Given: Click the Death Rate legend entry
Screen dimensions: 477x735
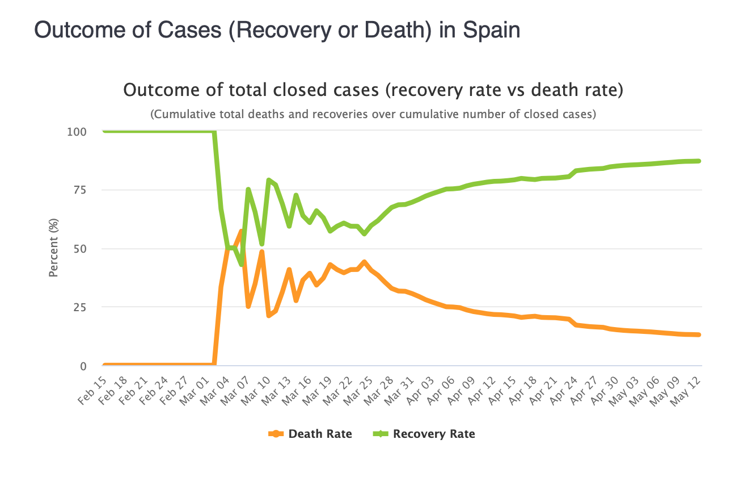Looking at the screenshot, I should [310, 434].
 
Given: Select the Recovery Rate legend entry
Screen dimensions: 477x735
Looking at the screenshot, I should [424, 434].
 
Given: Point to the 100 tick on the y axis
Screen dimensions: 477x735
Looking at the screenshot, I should [77, 132].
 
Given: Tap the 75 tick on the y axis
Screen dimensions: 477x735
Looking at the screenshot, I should [80, 190].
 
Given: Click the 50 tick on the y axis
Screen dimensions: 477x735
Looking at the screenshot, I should [80, 249].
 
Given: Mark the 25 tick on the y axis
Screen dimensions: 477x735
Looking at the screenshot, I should [80, 307].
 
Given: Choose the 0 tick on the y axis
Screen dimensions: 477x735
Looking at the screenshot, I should [83, 366].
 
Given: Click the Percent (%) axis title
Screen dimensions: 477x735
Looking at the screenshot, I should [53, 249].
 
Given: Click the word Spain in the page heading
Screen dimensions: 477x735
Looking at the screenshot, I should [491, 30].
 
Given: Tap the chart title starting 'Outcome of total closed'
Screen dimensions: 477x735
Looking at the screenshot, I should [373, 90].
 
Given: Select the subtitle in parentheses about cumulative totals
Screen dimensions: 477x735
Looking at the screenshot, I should [373, 114].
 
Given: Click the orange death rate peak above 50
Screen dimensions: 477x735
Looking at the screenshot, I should [241, 231].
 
